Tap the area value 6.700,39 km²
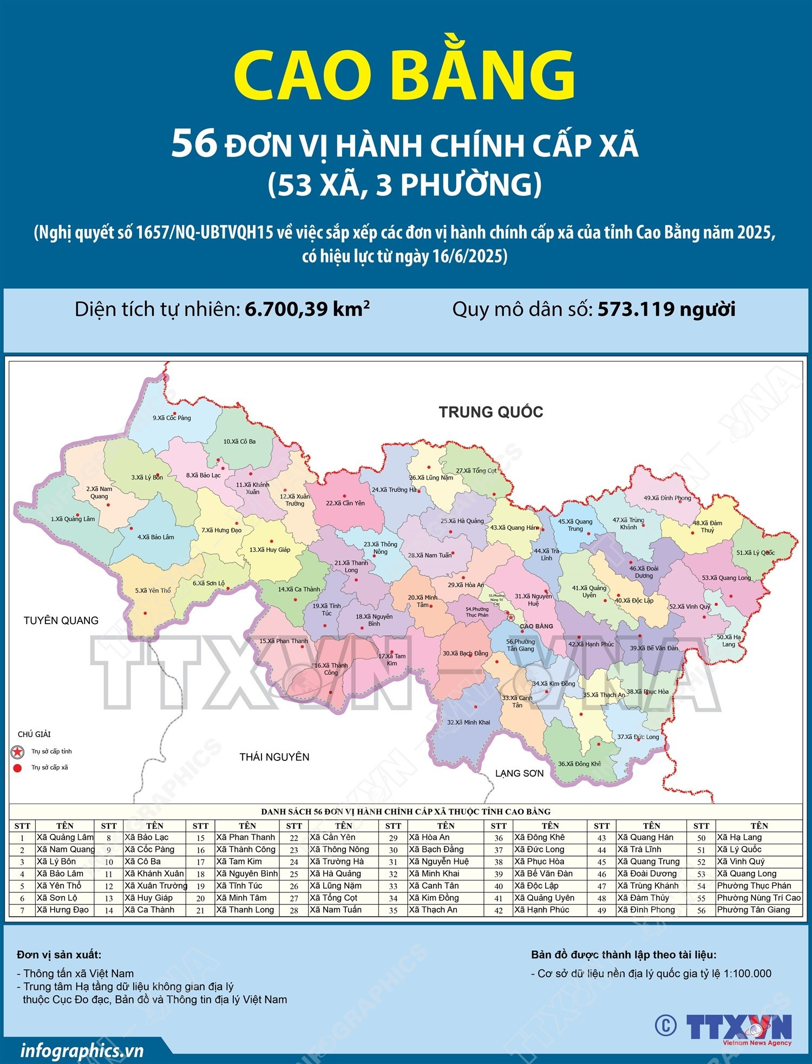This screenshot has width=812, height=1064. (x=307, y=309)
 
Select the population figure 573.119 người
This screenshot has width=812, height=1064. (x=666, y=309)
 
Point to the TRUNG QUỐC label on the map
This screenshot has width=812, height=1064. (x=490, y=412)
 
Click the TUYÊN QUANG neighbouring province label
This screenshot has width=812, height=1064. (x=61, y=620)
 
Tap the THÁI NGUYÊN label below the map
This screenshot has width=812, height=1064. (x=274, y=757)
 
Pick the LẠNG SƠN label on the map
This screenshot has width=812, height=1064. (x=519, y=773)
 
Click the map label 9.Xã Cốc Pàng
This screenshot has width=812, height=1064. (x=172, y=418)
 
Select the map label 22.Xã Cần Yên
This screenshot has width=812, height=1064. (x=345, y=503)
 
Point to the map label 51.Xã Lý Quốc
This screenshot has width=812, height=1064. (x=755, y=553)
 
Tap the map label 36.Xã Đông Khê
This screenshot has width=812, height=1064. (x=579, y=764)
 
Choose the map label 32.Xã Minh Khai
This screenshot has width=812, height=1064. (x=468, y=722)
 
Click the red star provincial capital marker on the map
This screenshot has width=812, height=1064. (x=510, y=616)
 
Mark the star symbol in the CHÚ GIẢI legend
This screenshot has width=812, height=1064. (x=18, y=752)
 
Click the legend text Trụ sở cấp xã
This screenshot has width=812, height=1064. (x=50, y=767)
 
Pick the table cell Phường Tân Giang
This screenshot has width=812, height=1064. (x=753, y=910)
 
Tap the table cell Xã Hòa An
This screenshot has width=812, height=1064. (x=429, y=837)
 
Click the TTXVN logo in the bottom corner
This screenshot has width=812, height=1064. (x=739, y=1027)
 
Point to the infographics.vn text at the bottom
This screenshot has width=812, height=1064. (x=82, y=1050)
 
